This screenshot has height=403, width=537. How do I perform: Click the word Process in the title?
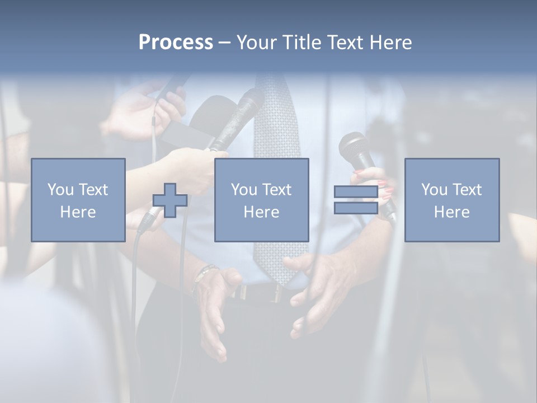[176, 43]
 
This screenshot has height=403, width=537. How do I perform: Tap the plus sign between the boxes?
[170, 200]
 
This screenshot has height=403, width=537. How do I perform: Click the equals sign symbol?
[356, 200]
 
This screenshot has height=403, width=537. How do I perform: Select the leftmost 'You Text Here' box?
[78, 200]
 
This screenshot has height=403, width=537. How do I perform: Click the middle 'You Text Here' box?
[262, 200]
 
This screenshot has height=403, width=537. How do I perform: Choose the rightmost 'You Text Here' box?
[452, 200]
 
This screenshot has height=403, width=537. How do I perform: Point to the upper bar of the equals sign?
[356, 192]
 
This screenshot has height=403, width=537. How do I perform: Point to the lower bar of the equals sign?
[356, 208]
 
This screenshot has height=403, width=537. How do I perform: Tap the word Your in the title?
[257, 43]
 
